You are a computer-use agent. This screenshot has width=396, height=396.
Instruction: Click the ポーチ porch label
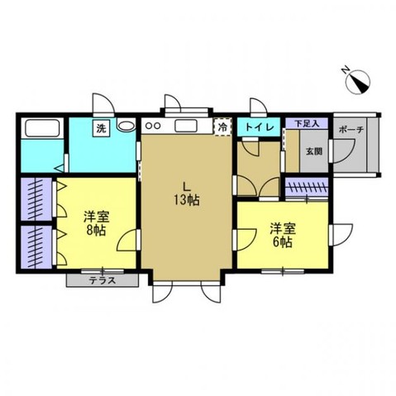pyautogui.click(x=346, y=129)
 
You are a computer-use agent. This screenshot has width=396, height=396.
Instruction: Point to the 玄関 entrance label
pyautogui.click(x=313, y=152)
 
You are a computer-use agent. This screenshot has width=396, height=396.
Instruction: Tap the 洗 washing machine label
pyautogui.click(x=99, y=128)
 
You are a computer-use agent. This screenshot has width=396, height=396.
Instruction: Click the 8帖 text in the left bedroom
pyautogui.click(x=95, y=231)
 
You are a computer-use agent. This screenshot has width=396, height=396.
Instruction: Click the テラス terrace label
pyautogui.click(x=102, y=280)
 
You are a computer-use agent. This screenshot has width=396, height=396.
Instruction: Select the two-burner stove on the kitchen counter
pyautogui.click(x=153, y=126)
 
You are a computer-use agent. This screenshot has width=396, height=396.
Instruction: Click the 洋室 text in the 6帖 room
pyautogui.click(x=281, y=227)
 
